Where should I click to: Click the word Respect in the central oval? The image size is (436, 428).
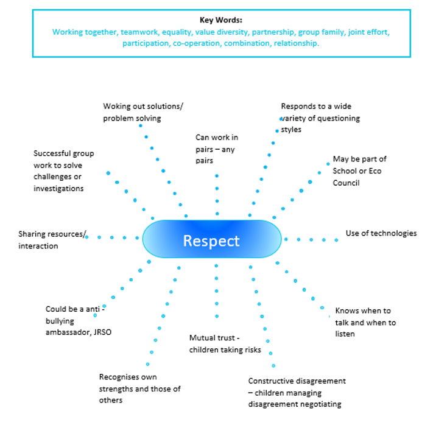(211, 240)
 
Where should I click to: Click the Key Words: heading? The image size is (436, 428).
(221, 20)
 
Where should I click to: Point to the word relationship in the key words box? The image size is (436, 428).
(297, 44)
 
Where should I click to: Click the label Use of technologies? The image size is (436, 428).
(381, 233)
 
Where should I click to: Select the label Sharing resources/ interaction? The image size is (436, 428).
(52, 239)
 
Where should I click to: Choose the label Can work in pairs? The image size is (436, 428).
(216, 149)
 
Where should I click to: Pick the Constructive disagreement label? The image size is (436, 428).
(297, 392)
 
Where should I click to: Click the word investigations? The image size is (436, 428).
(58, 189)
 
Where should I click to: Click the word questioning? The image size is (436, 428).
(339, 118)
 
